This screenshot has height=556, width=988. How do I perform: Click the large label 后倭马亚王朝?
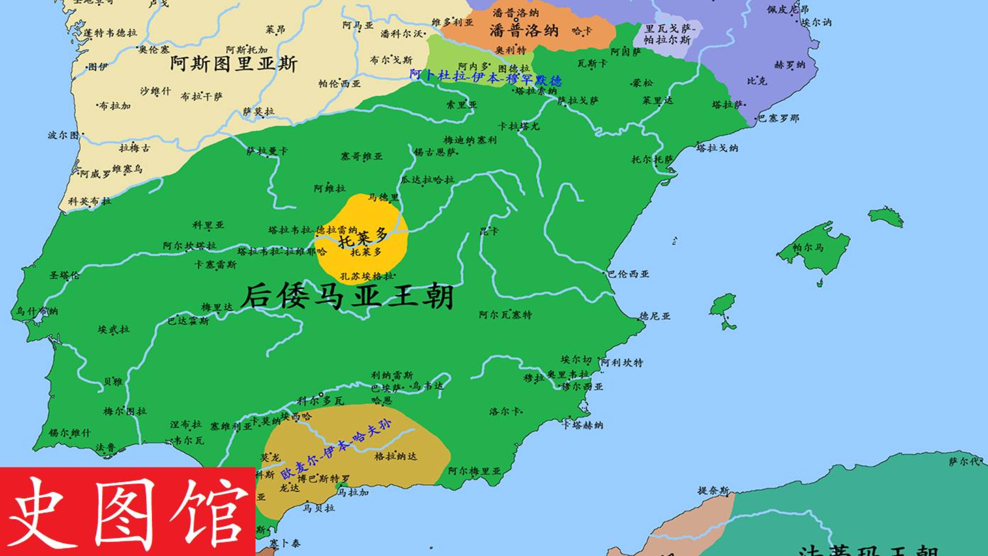tap(347, 297)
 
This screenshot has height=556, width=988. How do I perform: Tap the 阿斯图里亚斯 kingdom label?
tap(234, 64)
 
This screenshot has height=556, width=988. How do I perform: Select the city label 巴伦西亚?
tap(628, 274)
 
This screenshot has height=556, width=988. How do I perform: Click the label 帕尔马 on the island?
tap(808, 248)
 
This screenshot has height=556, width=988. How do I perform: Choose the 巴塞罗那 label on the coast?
tap(779, 118)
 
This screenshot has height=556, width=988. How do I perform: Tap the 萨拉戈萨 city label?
tap(578, 101)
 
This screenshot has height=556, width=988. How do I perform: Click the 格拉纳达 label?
tap(395, 456)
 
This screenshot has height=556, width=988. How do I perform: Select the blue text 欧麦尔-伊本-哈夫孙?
tap(336, 449)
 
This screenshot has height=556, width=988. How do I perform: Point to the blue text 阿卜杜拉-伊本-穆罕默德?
tap(485, 78)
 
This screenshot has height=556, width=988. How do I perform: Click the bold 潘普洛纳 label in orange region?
tap(524, 30)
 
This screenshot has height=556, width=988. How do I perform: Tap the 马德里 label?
tap(383, 197)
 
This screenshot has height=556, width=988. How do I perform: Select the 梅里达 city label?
tap(217, 307)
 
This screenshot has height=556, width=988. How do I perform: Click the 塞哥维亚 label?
tap(361, 156)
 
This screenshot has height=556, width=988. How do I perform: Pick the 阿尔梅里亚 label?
tap(474, 471)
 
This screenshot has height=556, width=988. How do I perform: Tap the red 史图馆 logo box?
tap(128, 511)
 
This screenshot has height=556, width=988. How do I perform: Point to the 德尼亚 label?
tap(655, 316)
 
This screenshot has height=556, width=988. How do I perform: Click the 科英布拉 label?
tap(90, 201)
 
